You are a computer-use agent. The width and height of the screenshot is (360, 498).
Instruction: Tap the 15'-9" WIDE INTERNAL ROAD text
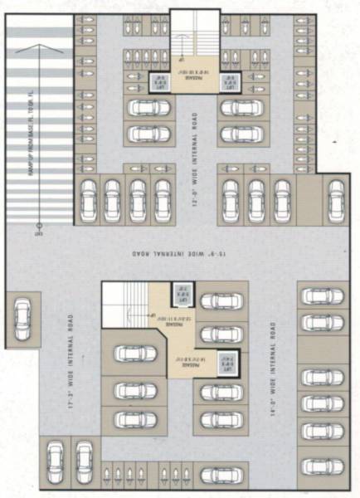(x=180, y=252)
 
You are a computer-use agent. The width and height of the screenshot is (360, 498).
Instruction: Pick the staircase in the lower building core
(x=124, y=303)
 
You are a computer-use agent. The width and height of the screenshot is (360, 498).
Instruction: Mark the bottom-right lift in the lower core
(x=223, y=362)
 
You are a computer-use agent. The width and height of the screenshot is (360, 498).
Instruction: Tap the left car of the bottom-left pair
(x=56, y=457)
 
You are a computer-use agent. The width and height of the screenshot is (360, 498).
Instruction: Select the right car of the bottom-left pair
(x=82, y=457)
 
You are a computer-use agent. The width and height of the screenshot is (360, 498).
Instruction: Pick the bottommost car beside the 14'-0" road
(x=320, y=466)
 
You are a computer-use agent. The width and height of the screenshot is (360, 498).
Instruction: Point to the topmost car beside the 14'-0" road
(x=320, y=295)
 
